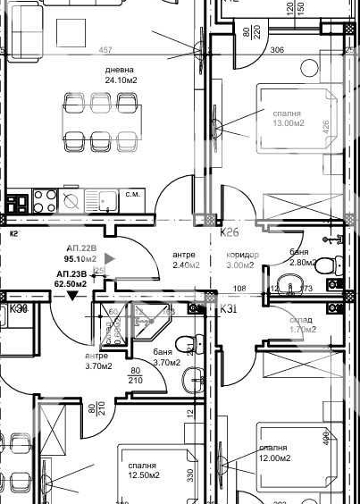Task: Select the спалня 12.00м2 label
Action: point(273,452)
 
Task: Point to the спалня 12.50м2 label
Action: point(142,471)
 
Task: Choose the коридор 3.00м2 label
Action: point(233,259)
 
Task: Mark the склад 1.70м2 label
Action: point(303,324)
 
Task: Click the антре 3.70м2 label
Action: point(96,360)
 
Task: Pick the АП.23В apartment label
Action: point(71,278)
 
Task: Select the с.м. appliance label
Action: point(134,194)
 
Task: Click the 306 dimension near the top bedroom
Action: point(277,50)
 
